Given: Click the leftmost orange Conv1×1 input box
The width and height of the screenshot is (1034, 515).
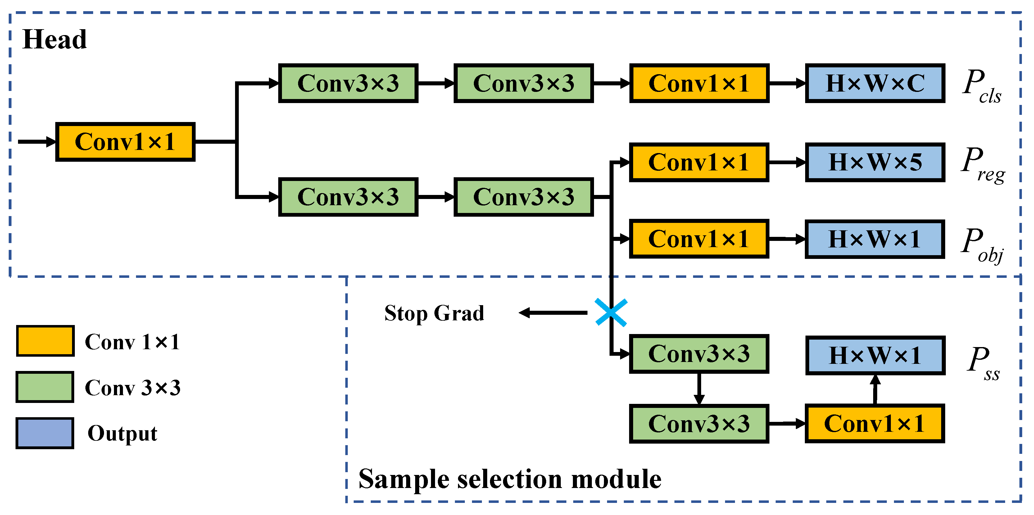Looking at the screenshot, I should tap(125, 142).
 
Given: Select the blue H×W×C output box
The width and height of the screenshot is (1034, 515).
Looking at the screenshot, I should tap(875, 83).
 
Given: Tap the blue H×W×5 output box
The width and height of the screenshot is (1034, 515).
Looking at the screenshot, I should tap(875, 162).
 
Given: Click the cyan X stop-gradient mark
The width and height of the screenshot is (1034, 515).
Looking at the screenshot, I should tap(611, 312).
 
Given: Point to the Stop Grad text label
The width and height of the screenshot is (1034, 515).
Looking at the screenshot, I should tap(434, 313).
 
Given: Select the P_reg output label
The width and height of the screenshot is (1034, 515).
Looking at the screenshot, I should tap(982, 165).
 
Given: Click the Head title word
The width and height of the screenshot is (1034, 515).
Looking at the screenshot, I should tap(55, 39).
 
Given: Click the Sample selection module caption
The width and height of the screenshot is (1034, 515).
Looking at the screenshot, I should tap(510, 479).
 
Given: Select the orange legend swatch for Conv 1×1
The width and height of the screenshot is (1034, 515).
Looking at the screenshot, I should tap(45, 341).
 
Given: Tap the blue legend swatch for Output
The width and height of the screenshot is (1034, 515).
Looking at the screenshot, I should tap(45, 433).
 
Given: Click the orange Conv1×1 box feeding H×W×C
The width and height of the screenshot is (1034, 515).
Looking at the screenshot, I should tap(699, 83).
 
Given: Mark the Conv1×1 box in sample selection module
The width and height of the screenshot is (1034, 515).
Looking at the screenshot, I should tap(875, 423).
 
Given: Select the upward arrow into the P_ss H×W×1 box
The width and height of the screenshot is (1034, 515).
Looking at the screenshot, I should tap(875, 389).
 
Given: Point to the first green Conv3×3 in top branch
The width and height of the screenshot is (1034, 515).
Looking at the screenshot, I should tap(348, 83).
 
